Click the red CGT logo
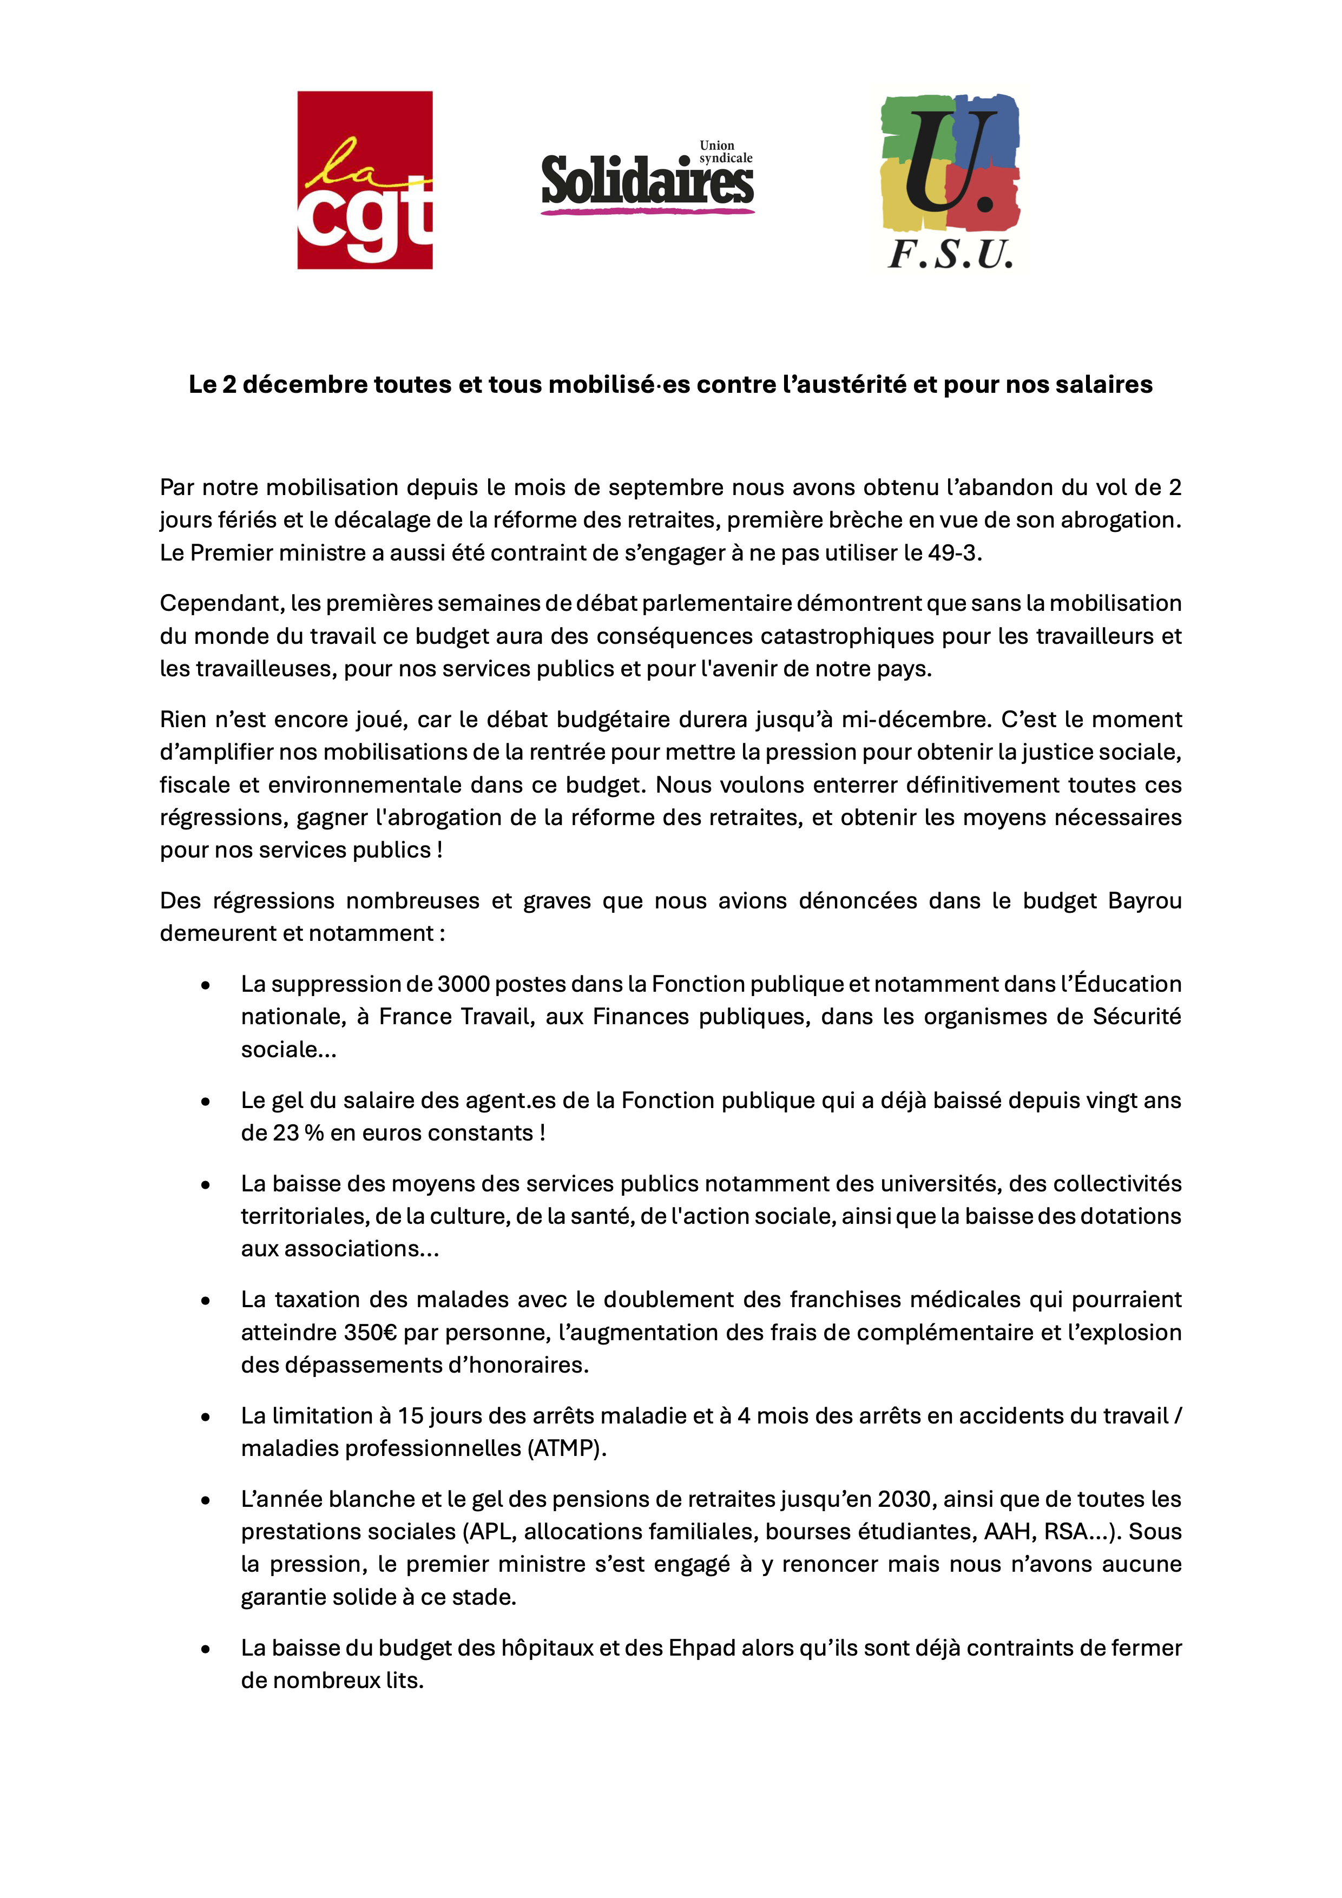click(365, 180)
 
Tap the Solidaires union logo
click(647, 180)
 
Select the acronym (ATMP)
click(565, 1449)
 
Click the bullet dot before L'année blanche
click(205, 1500)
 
